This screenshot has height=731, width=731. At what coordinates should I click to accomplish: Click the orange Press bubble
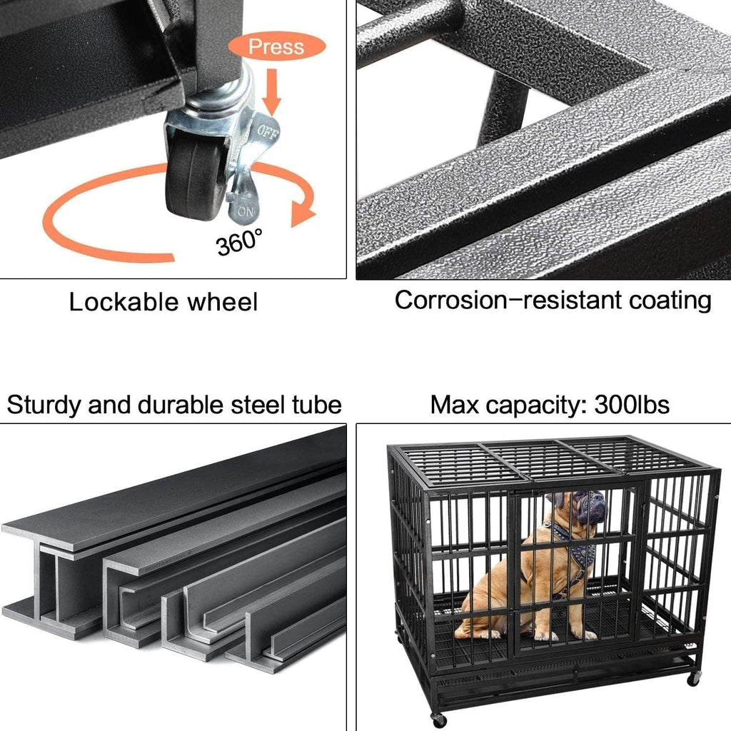[x=276, y=48]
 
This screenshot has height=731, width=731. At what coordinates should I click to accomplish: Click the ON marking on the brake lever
[x=245, y=211]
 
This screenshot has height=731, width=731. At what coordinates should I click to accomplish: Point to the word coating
[x=670, y=301]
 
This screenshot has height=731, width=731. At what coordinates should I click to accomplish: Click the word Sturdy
[x=44, y=405]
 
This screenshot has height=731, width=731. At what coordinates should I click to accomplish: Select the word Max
[x=455, y=405]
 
